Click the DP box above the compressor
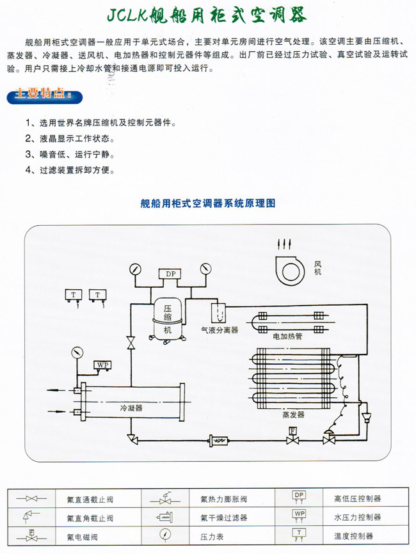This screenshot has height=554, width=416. [x=170, y=274]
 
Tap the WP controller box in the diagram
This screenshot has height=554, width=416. [x=102, y=365]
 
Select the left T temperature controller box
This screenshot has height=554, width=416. [x=72, y=294]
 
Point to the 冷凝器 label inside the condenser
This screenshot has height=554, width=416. [x=131, y=407]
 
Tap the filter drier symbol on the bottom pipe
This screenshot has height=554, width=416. [x=218, y=441]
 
